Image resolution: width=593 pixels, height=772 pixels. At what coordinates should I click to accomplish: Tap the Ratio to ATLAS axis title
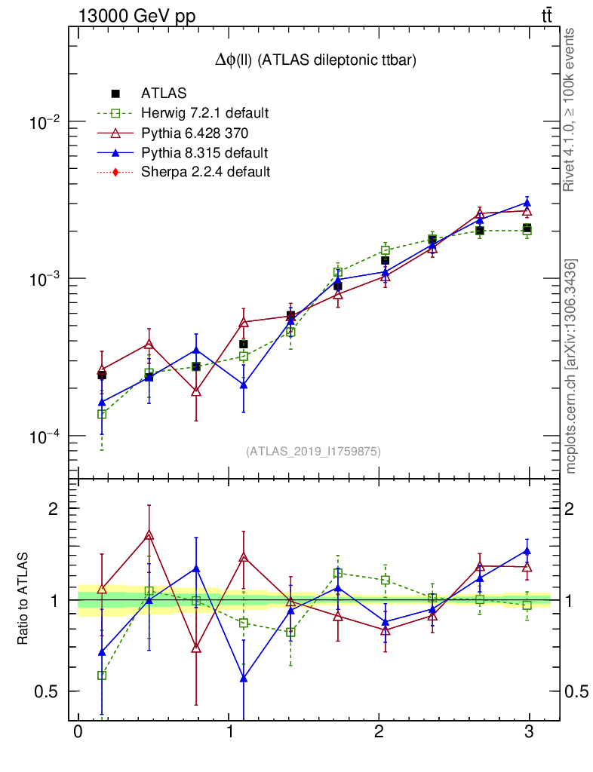(23, 599)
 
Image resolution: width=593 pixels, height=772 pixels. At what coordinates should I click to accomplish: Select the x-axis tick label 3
(529, 733)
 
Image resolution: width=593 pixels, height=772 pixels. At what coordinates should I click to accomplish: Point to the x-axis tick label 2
(379, 733)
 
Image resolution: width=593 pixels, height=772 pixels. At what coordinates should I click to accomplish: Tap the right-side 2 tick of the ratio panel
(573, 508)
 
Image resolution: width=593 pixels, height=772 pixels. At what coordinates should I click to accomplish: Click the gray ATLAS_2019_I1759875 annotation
(313, 452)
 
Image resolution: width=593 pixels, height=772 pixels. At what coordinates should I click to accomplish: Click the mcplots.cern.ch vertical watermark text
(572, 366)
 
